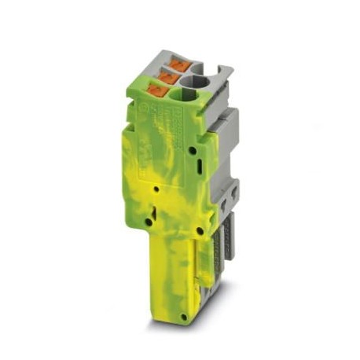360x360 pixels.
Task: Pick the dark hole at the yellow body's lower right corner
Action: (x=200, y=230)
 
